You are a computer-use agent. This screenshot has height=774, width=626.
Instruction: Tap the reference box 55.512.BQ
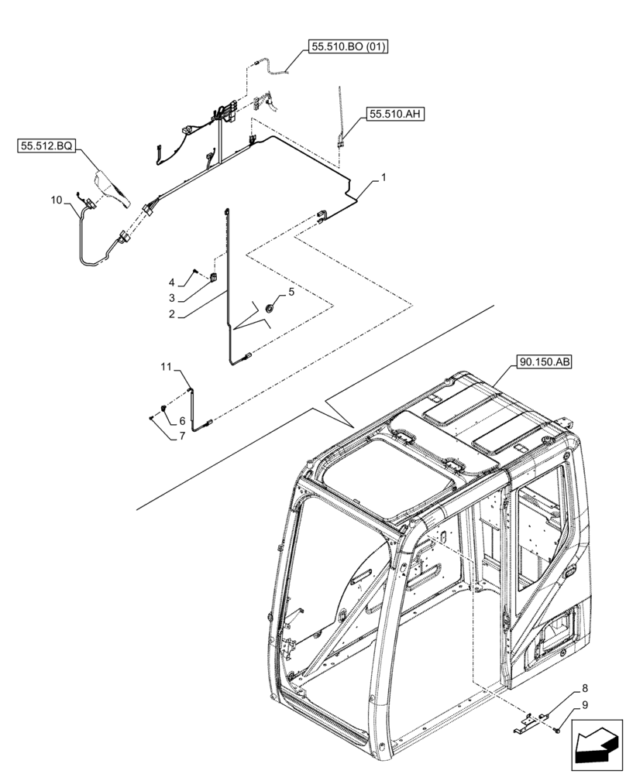click(x=44, y=145)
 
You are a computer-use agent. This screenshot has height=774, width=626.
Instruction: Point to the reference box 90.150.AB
click(x=542, y=362)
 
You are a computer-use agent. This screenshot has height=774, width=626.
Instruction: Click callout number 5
click(x=291, y=292)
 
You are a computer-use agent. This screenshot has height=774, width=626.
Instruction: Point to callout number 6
click(x=182, y=420)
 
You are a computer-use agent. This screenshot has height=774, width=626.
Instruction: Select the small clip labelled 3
click(x=215, y=279)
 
